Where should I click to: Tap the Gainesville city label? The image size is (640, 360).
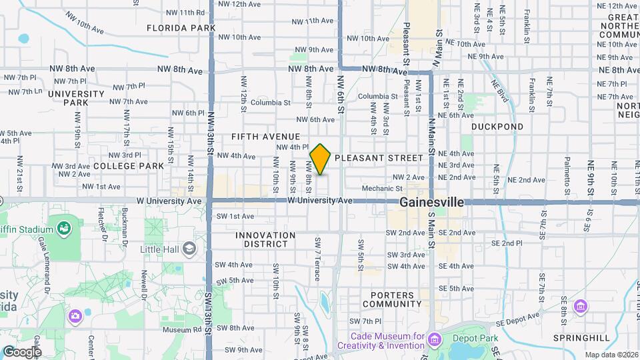431,202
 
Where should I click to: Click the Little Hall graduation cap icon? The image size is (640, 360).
189,249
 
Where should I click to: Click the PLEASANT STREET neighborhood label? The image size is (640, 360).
379,158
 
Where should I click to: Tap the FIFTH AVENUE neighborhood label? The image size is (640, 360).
265,136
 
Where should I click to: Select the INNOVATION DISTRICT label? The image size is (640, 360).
265,239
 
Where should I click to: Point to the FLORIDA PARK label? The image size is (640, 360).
181,28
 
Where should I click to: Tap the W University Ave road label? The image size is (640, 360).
320,200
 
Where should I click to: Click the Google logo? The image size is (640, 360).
22,351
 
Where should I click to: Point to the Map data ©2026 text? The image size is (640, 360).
611,355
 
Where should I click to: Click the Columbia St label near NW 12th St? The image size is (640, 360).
271,103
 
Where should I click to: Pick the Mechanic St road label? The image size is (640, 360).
382,189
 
